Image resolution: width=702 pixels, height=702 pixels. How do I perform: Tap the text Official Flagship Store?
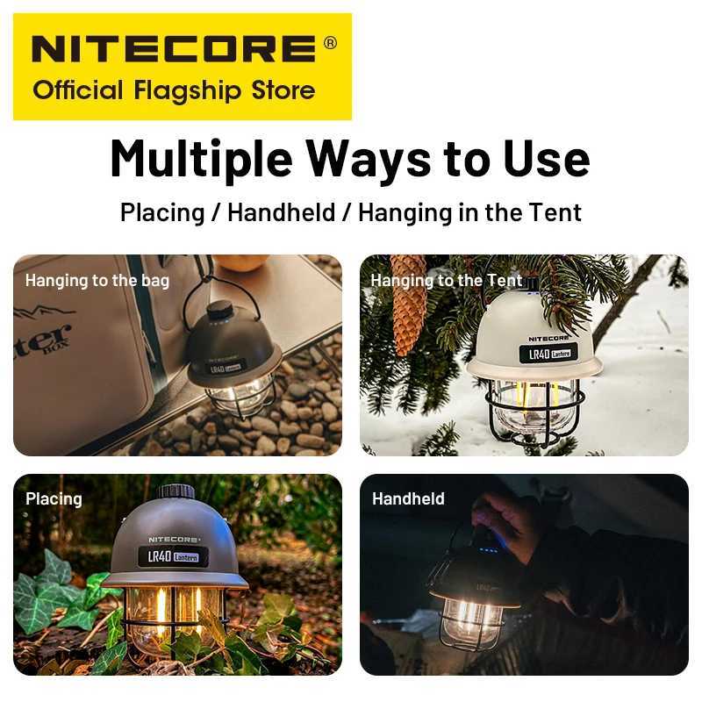point(174,90)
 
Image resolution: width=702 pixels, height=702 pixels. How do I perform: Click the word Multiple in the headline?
point(197,159)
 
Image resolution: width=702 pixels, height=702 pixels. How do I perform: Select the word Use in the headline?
point(548,159)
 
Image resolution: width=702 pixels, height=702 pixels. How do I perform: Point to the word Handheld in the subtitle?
point(281,212)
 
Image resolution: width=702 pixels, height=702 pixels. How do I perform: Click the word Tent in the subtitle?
point(554,212)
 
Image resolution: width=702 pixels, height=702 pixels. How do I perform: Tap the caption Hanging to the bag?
point(97,281)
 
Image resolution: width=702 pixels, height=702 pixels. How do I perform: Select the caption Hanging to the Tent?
point(446,281)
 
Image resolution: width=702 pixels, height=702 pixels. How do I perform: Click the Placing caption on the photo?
point(54,498)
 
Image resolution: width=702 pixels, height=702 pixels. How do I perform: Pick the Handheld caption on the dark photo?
point(408,498)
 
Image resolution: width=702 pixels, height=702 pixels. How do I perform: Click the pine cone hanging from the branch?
point(407,304)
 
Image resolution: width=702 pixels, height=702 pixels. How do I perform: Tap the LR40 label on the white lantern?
point(536,353)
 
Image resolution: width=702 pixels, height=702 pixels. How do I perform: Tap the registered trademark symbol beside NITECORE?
point(330,42)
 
